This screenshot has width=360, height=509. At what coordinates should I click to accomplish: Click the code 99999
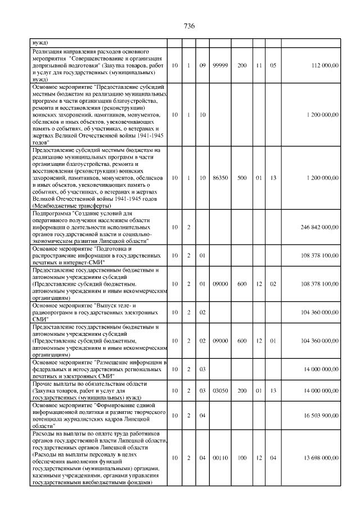[x=220, y=66]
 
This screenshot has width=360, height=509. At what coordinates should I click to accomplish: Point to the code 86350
[x=220, y=178]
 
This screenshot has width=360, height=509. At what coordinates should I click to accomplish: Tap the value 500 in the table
[x=242, y=178]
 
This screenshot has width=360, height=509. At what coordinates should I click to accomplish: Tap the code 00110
[x=220, y=458]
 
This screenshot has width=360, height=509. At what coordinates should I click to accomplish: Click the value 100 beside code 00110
[x=242, y=458]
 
